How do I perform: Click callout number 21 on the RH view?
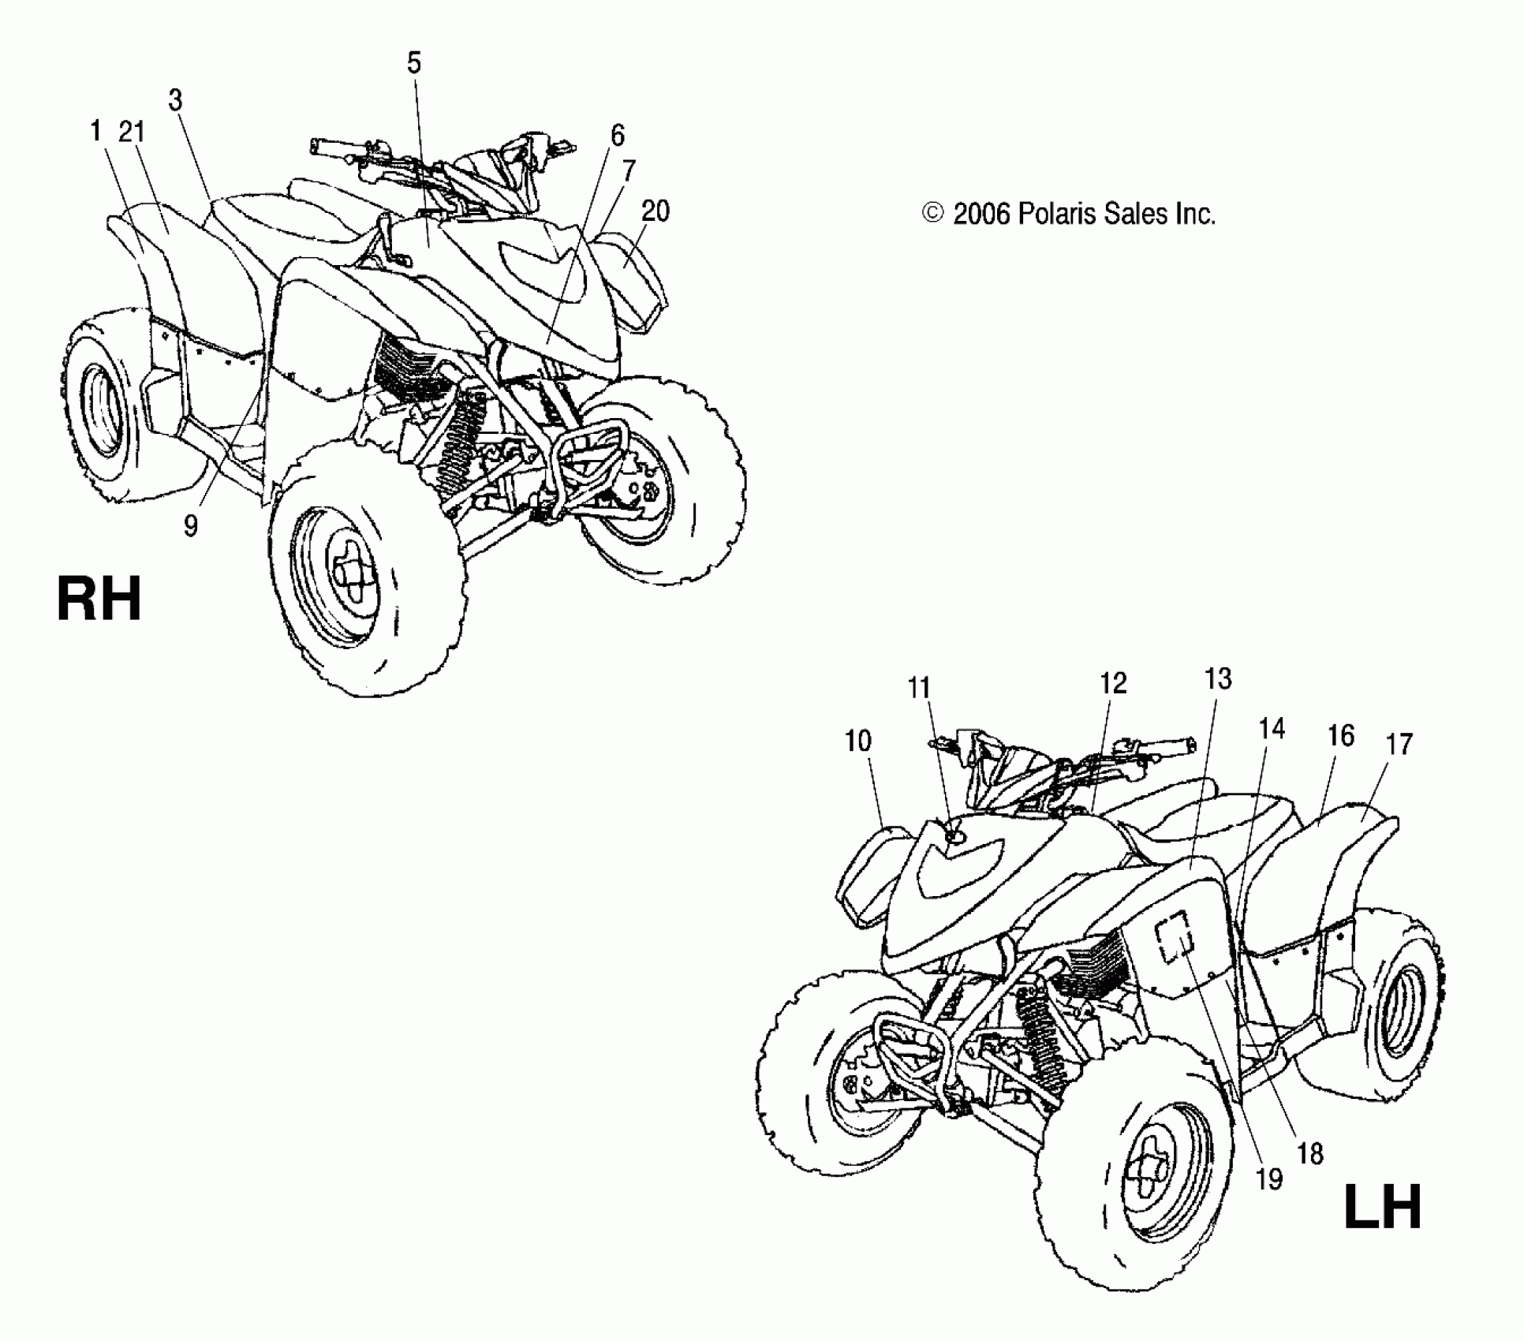pyautogui.click(x=132, y=132)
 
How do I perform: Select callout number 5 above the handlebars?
pyautogui.click(x=414, y=63)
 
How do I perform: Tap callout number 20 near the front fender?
pyautogui.click(x=656, y=211)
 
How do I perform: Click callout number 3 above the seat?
pyautogui.click(x=175, y=100)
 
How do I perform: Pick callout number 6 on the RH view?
pyautogui.click(x=617, y=136)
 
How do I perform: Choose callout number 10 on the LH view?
pyautogui.click(x=858, y=741)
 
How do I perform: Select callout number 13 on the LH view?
pyautogui.click(x=1219, y=678)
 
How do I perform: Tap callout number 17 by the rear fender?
pyautogui.click(x=1399, y=744)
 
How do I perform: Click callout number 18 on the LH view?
pyautogui.click(x=1310, y=1155)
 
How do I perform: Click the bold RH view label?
pyautogui.click(x=99, y=600)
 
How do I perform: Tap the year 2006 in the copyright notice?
pyautogui.click(x=981, y=214)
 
